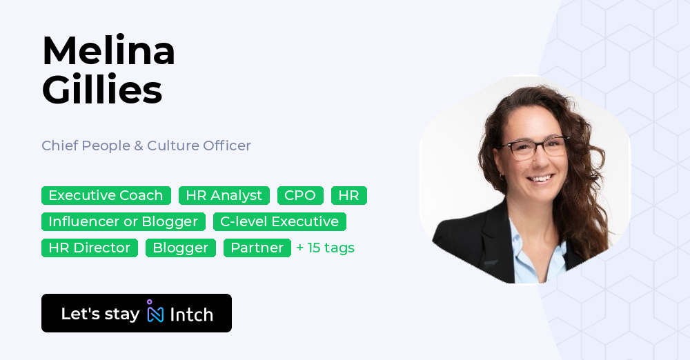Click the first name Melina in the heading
coord(108,50)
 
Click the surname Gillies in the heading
coord(102,90)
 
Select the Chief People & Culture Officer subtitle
coord(146,146)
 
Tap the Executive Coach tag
coord(106,195)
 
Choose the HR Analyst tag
coord(224,195)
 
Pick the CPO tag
coord(300,195)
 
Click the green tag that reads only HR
coord(349,195)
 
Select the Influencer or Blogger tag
coord(124,221)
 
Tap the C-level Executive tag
coord(279,221)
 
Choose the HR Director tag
coord(89,248)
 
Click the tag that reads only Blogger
coord(180,248)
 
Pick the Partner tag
coord(257,248)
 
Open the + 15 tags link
coord(326,248)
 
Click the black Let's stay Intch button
coord(137,313)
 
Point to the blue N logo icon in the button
coord(155,311)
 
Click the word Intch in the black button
coord(191,314)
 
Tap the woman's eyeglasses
coord(533,148)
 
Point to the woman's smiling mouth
coord(540,179)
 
